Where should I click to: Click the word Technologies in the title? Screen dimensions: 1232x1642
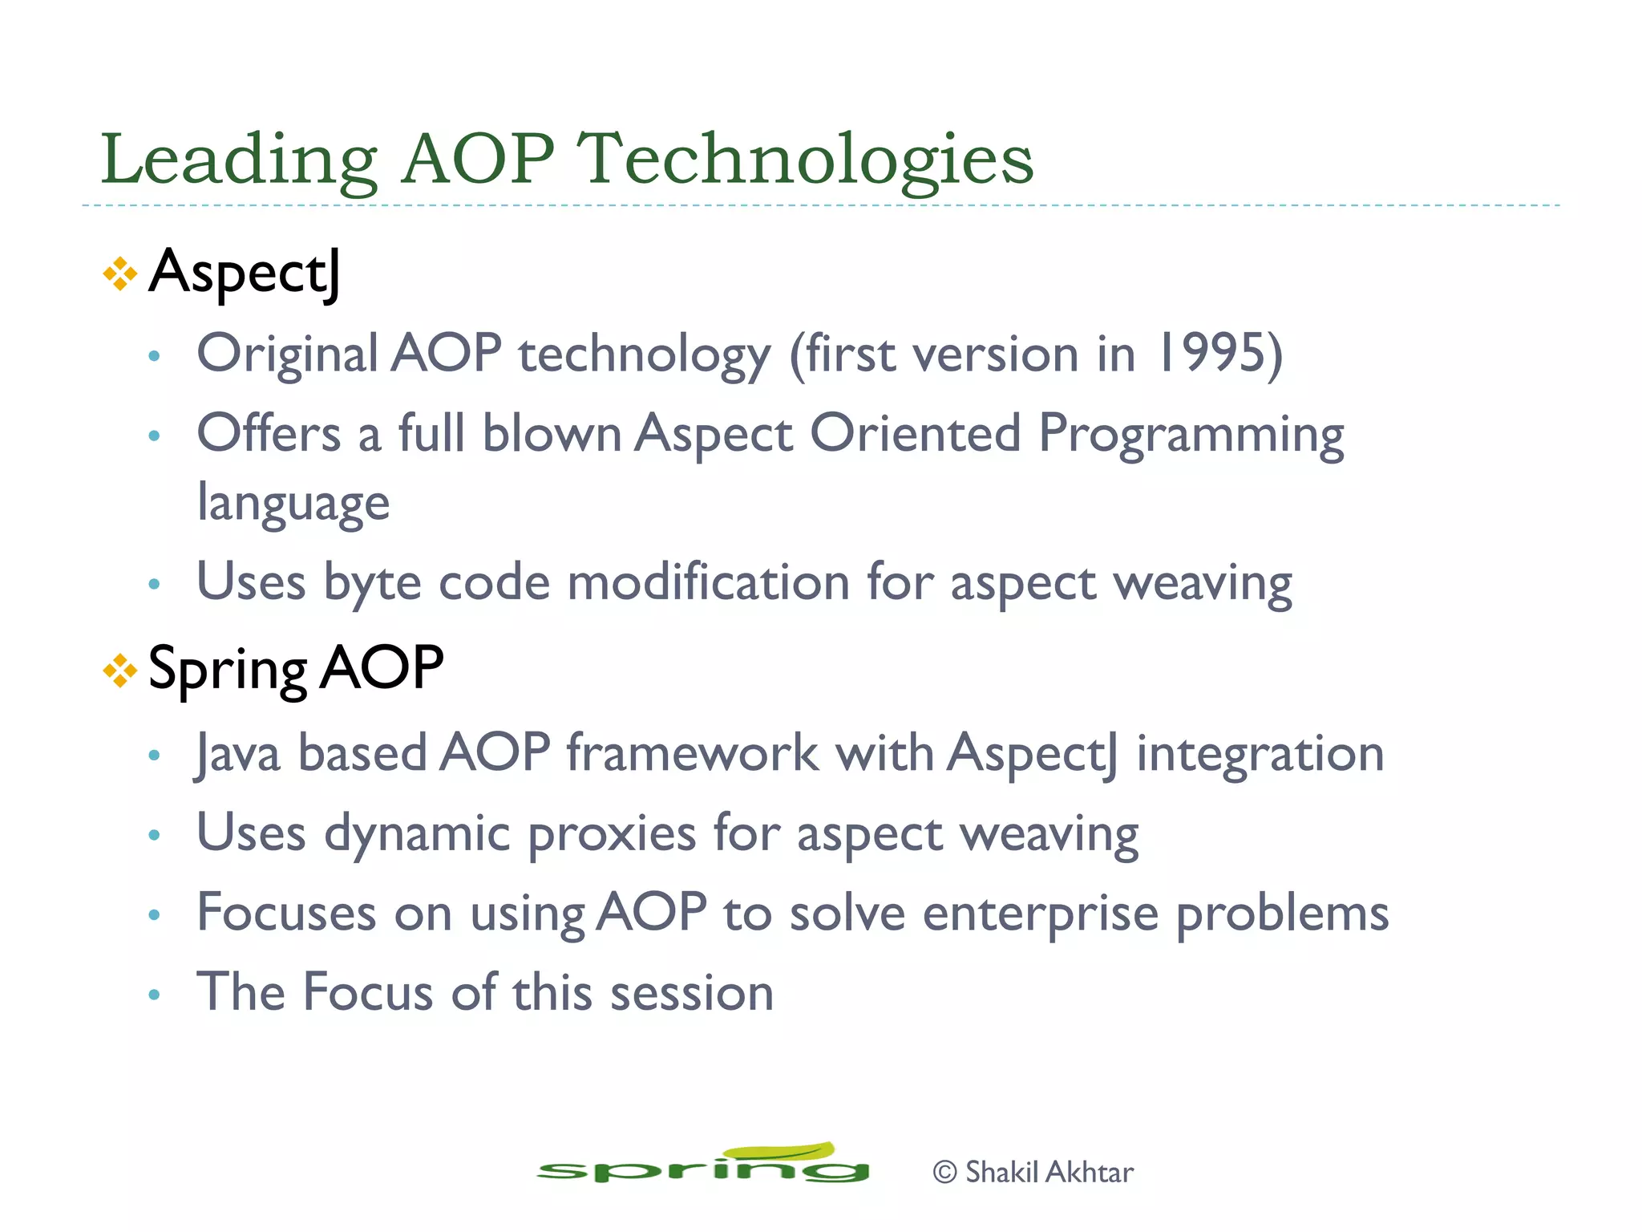805,160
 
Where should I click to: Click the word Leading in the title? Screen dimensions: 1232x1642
238,160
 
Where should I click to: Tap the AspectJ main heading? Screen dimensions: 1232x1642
245,273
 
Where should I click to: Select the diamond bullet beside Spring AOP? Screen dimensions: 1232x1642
119,671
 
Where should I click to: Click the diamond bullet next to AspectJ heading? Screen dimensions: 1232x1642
119,274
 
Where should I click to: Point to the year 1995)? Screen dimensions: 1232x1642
1219,354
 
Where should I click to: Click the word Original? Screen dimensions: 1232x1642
287,354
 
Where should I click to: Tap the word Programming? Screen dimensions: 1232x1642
1191,434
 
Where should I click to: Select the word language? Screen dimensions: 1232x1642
293,504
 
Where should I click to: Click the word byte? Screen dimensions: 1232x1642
372,582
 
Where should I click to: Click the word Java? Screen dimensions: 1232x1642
238,754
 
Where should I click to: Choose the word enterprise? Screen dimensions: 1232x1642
1040,914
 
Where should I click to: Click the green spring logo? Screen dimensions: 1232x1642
703,1165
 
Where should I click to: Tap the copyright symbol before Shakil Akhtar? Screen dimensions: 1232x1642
945,1173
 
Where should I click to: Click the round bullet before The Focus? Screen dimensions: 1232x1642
155,995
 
